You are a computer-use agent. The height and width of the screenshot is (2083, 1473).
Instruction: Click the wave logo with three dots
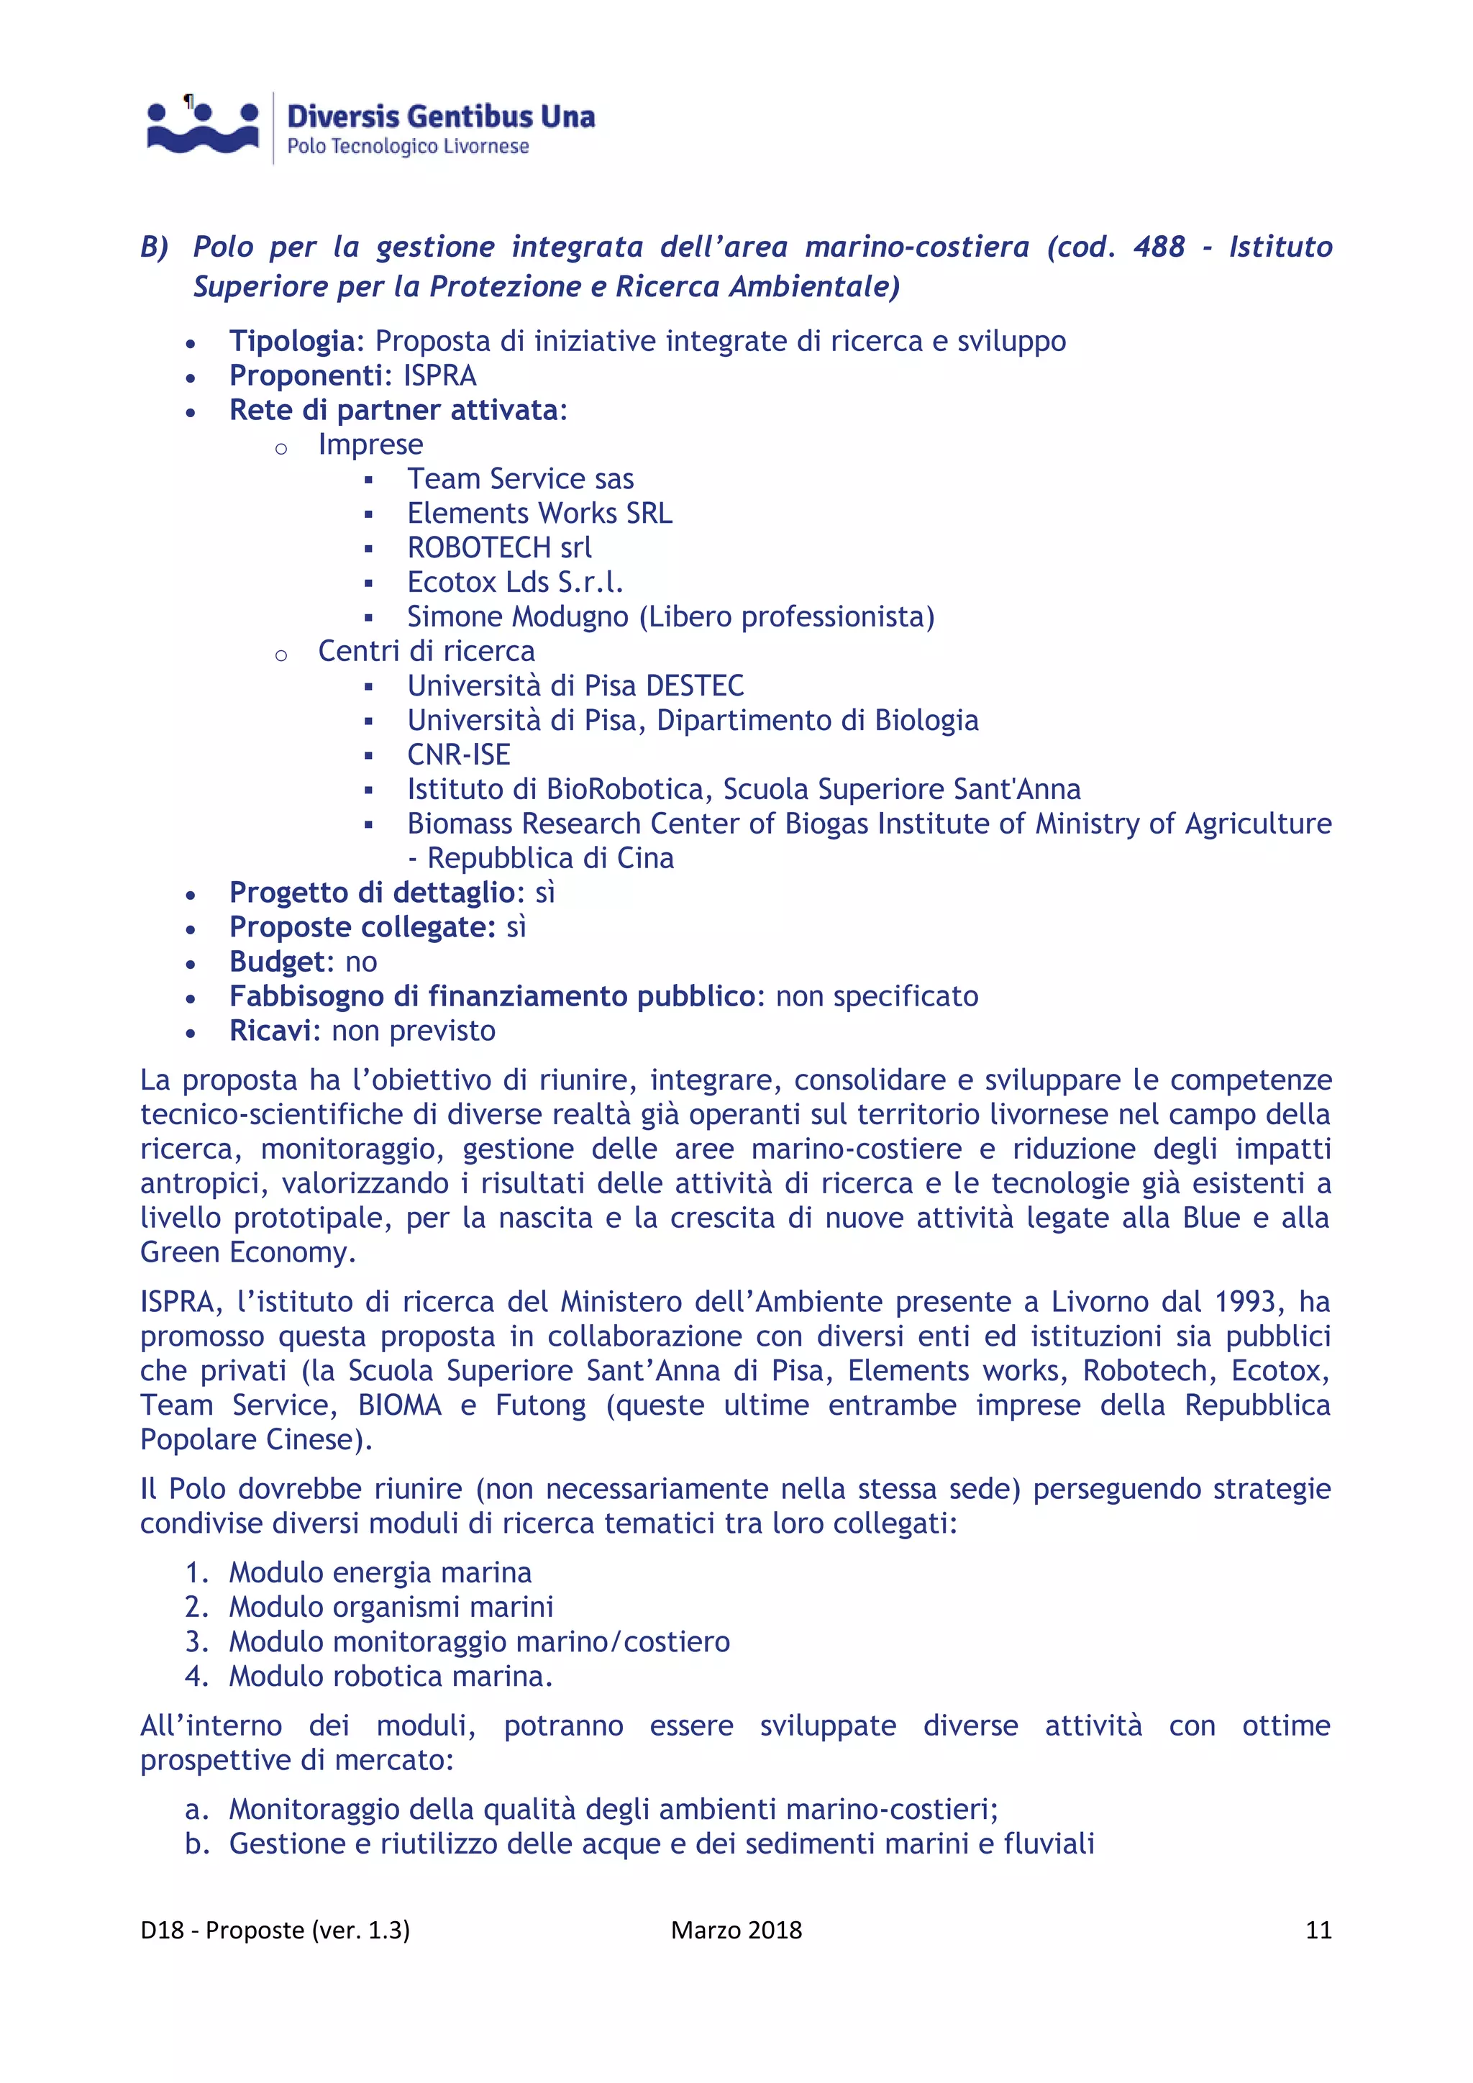[x=203, y=128]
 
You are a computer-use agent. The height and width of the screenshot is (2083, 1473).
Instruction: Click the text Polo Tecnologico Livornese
[x=407, y=146]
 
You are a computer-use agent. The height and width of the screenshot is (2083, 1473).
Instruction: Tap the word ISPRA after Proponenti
[x=440, y=375]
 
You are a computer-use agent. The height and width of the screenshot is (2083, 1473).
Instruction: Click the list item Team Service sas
[x=520, y=479]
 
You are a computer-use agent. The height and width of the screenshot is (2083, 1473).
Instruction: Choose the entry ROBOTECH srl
[x=499, y=548]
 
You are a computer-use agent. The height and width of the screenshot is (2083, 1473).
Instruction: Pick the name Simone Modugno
[x=517, y=617]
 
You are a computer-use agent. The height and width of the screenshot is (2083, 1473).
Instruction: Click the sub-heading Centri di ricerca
[x=427, y=652]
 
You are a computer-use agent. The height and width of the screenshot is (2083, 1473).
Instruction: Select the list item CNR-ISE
[x=458, y=755]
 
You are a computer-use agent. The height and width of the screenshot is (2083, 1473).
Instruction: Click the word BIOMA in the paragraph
[x=399, y=1405]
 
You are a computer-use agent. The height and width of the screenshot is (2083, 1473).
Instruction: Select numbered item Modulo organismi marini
[x=391, y=1607]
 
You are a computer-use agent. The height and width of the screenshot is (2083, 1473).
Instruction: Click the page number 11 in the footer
[x=1318, y=1930]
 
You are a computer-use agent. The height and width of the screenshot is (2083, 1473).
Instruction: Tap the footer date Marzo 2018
[x=736, y=1930]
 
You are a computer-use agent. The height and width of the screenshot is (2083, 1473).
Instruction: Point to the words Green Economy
[x=247, y=1253]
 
